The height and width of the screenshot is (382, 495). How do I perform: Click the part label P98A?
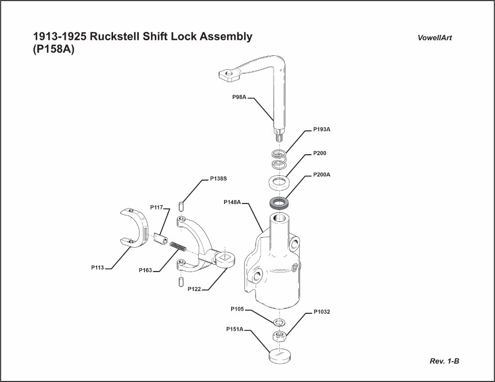coord(240,97)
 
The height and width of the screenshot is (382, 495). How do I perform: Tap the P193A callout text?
coord(322,129)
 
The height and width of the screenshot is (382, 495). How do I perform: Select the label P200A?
coord(322,175)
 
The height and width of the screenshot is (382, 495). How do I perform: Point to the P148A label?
coord(233,202)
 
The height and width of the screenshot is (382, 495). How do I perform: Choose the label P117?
coord(157,207)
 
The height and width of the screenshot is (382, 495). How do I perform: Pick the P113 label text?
coord(97,268)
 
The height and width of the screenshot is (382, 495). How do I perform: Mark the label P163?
coord(145,271)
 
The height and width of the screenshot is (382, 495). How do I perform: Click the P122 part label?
coord(194,289)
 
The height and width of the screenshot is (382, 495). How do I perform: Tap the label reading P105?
coord(237,309)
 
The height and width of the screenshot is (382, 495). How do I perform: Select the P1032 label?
coord(322,312)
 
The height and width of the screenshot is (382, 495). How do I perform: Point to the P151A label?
coord(235,329)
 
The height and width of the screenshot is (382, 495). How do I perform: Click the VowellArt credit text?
coord(435,38)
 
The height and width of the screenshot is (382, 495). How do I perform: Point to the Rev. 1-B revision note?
coord(444,361)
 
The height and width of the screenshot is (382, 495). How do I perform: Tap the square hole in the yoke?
coord(225,257)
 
